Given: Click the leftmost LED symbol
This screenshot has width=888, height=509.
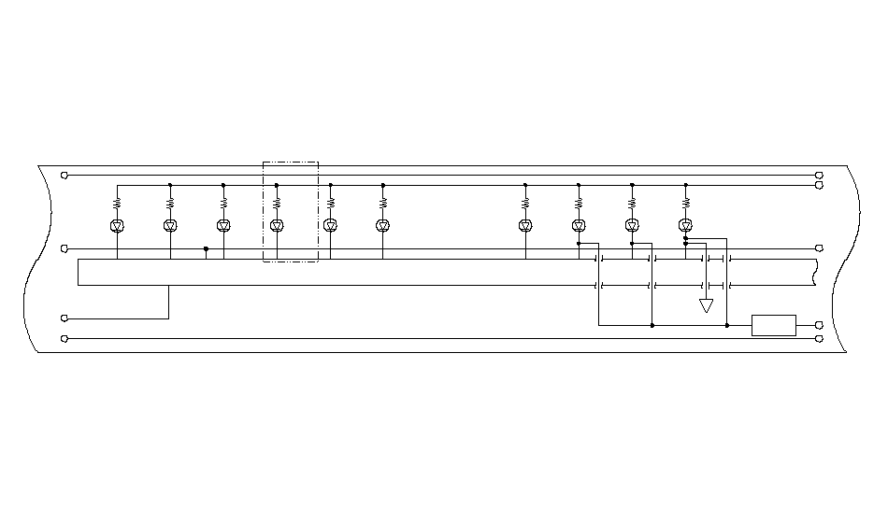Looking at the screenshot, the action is tap(117, 225).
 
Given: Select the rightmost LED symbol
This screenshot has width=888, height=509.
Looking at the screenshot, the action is tap(685, 225).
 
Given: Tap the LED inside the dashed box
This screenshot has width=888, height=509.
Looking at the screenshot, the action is tap(277, 225).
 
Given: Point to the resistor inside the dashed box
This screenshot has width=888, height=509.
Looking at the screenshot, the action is tap(277, 201).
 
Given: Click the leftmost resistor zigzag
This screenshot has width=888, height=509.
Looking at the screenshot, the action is tap(117, 201).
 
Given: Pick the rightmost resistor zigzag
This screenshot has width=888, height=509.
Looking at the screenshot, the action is tap(685, 201).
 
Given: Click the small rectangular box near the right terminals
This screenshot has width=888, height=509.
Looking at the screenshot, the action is tap(774, 325).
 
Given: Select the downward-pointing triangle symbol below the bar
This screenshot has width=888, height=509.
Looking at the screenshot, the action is tap(706, 305).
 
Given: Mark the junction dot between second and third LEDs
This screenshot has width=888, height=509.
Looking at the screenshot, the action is tap(206, 248).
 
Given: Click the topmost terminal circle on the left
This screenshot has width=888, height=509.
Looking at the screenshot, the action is tap(64, 175).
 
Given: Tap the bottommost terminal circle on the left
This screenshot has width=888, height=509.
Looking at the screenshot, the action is tap(64, 338).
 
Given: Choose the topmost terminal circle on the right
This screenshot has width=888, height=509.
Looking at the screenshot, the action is tap(820, 175).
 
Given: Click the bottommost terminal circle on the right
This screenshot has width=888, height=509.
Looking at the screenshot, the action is tap(820, 338).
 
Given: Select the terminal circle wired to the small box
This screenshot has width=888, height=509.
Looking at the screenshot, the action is tap(820, 325).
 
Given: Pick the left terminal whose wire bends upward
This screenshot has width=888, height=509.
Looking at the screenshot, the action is tap(64, 318).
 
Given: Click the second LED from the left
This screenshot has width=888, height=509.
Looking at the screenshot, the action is tap(170, 225).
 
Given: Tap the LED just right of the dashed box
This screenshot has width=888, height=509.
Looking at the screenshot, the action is tap(330, 225).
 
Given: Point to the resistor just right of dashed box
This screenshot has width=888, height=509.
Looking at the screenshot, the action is tap(330, 201).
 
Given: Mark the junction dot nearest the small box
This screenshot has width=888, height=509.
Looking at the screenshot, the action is tap(727, 325).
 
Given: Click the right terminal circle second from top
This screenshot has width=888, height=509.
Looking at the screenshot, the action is tap(820, 185).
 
